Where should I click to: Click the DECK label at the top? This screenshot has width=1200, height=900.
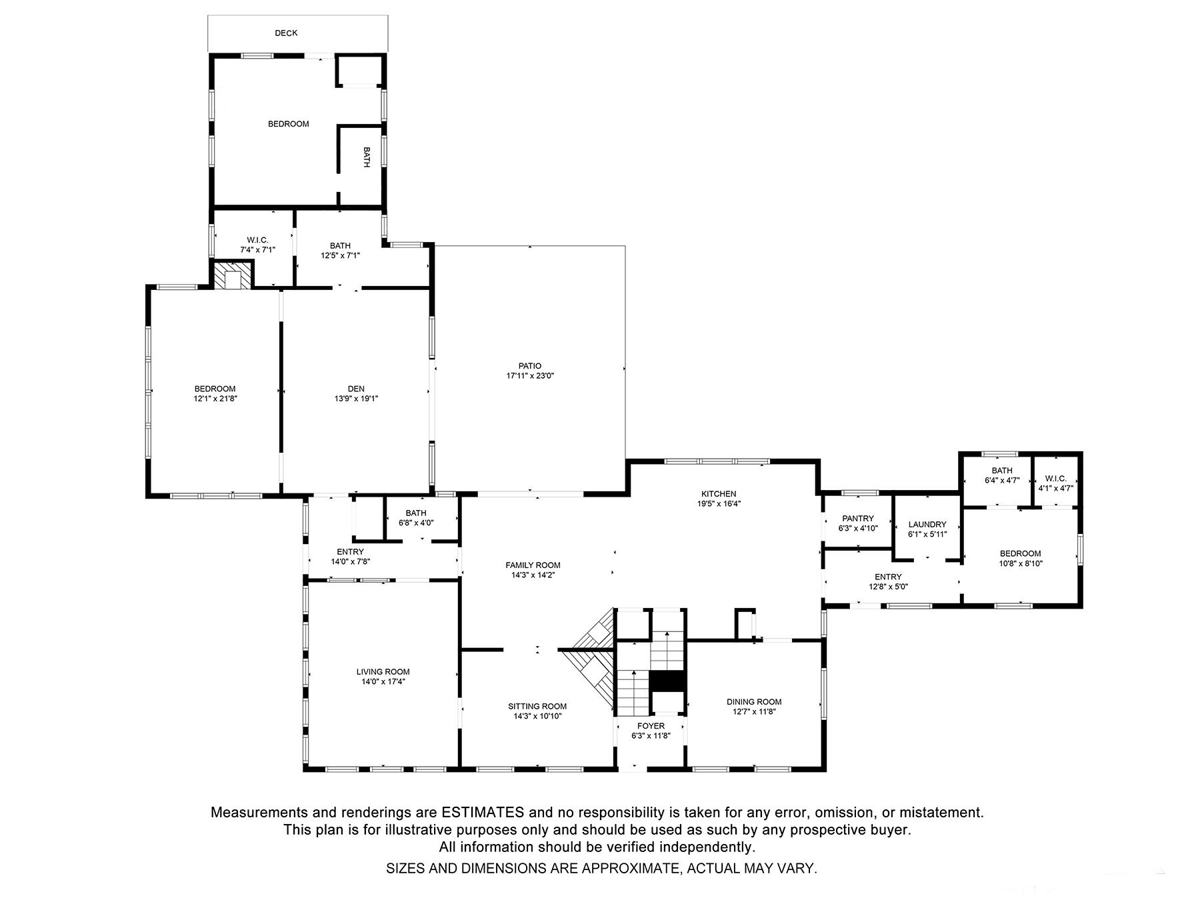point(286,33)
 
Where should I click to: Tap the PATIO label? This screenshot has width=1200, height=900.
point(530,366)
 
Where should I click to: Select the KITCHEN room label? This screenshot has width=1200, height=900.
point(719,494)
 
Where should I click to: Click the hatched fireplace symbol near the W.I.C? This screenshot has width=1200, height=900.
point(233,276)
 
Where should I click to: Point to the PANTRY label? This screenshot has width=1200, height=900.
point(857,519)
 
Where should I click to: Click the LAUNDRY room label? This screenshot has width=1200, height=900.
point(927,525)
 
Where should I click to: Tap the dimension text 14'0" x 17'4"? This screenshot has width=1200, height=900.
point(383,682)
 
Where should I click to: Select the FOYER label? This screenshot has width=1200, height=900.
point(651,726)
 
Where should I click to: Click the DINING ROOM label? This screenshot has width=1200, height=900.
point(754,701)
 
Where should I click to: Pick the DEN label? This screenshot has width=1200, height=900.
point(356,389)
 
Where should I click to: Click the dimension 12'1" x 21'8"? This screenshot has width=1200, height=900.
point(215,399)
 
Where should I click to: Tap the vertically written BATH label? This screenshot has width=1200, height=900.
point(366,157)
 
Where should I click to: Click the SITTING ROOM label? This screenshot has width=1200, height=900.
point(537,707)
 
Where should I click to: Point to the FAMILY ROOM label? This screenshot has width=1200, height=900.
point(533,565)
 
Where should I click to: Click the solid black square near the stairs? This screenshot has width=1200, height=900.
point(667,682)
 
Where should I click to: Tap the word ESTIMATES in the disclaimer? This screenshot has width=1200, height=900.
point(483,813)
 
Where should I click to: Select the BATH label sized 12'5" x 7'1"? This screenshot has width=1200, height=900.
point(340,246)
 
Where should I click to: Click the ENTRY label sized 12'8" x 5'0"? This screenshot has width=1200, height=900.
point(888,577)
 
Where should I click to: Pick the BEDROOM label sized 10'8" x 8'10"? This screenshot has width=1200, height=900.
point(1020,553)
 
